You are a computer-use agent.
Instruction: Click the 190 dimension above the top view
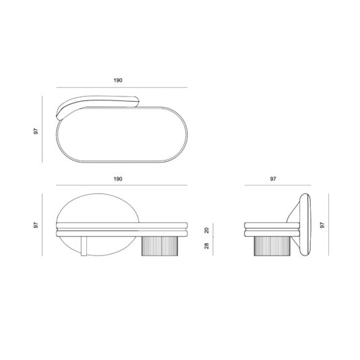[118, 80]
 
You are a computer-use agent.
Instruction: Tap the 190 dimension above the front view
[118, 180]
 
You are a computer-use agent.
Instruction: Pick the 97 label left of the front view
[36, 225]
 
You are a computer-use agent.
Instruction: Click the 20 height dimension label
[206, 230]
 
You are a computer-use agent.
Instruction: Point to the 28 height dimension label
[206, 246]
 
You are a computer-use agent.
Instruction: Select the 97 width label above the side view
[273, 180]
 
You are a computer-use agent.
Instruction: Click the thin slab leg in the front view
[84, 246]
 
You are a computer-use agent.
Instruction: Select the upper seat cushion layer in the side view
[268, 224]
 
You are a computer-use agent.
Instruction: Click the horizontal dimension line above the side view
[276, 187]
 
